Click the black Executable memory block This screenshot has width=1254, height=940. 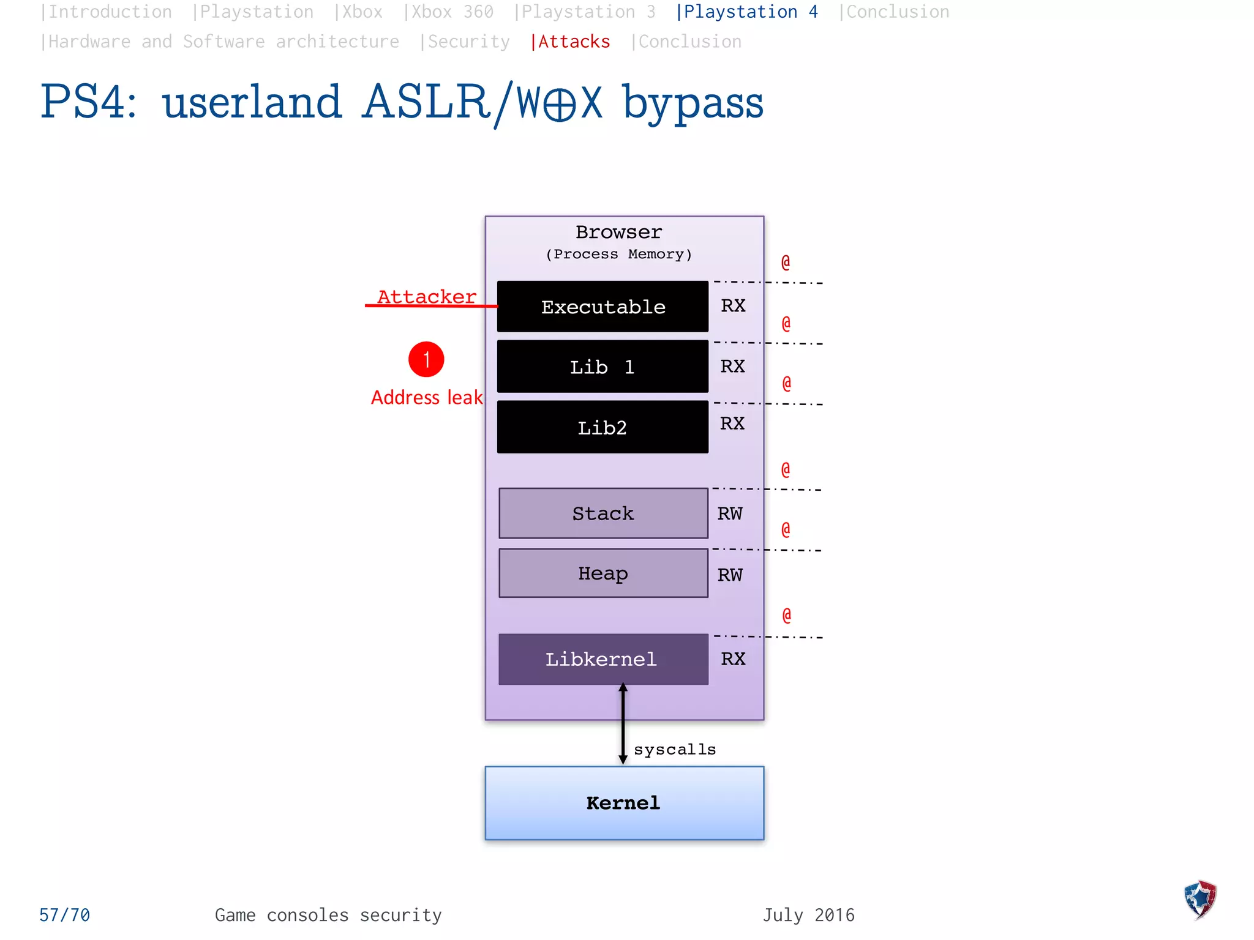point(603,307)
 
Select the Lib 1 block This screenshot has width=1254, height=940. point(603,367)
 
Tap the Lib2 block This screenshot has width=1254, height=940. point(603,427)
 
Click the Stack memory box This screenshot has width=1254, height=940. point(603,513)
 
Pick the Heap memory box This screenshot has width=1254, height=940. point(603,573)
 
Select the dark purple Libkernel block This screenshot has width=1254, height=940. point(603,659)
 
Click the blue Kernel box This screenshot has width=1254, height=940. point(624,803)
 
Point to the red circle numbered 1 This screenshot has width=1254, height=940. point(426,359)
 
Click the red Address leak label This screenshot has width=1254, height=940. point(427,398)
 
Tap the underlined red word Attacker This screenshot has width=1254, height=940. point(427,297)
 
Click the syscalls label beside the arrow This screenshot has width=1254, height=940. point(675,749)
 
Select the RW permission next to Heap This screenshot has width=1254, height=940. point(730,575)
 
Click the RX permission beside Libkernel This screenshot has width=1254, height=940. point(733,658)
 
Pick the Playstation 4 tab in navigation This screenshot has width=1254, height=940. point(747,12)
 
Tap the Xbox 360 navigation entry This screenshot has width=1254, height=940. point(449,12)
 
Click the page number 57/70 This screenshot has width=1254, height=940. point(64,915)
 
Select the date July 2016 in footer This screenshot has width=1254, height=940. point(808,915)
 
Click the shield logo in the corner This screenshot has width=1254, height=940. point(1200,900)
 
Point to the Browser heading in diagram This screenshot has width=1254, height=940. point(618,233)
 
